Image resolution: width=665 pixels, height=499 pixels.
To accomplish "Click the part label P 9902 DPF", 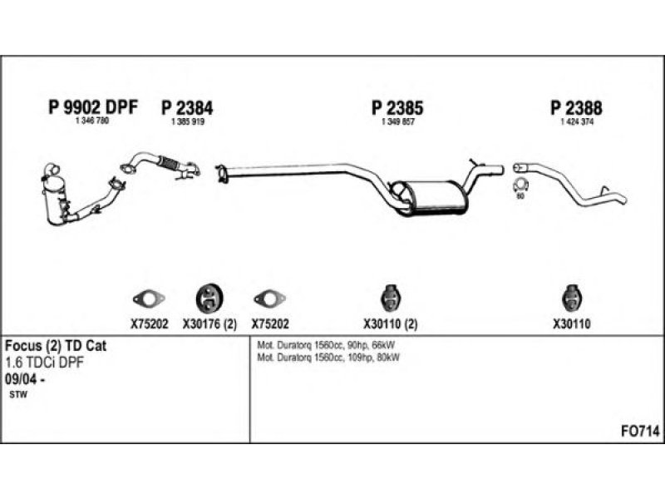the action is click(93, 107).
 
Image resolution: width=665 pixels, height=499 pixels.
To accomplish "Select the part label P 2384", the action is click(187, 108).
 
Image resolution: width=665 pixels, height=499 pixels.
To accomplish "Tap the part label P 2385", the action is click(397, 108).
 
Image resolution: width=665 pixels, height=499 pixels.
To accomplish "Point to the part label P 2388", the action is click(576, 108).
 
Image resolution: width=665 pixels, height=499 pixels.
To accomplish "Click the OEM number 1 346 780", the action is click(92, 121).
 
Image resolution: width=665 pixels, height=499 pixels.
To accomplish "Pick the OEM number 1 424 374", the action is click(577, 121).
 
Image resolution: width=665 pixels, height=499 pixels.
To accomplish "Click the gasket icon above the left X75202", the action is click(149, 299).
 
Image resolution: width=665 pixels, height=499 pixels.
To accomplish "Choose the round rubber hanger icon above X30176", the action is click(209, 298).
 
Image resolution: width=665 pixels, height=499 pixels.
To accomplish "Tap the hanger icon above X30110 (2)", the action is click(391, 299).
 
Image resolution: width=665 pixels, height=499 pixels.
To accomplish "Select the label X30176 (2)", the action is click(209, 324).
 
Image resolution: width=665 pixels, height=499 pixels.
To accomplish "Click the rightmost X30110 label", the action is click(571, 324).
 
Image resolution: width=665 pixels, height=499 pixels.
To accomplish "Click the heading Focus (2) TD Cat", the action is click(56, 346).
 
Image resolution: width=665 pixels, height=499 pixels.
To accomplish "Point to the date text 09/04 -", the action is click(25, 379).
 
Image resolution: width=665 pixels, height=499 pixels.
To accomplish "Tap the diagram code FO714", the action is click(640, 432).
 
